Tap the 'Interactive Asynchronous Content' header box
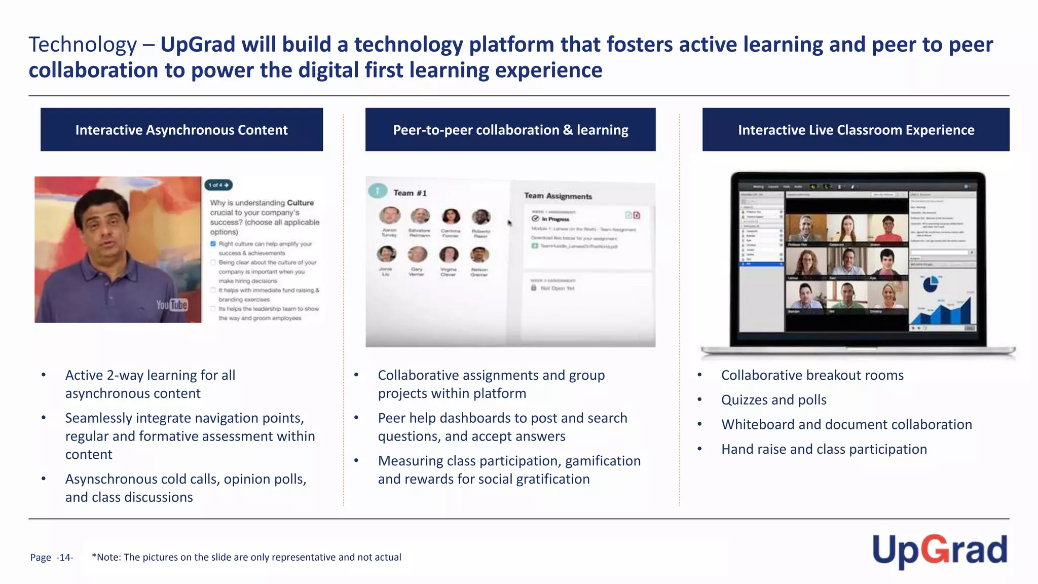coord(181,130)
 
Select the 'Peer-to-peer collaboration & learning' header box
coord(510,130)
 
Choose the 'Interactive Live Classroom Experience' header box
coord(856,130)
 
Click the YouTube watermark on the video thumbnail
coord(172,305)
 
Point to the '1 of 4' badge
coord(218,185)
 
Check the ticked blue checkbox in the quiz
coord(213,244)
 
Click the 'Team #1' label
coord(410,193)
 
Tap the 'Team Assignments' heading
coord(558,196)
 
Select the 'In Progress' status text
coord(555,219)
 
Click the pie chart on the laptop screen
coord(930,284)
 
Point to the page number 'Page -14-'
coord(52,558)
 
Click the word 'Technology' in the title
coord(83,45)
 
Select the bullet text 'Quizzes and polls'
coord(773,400)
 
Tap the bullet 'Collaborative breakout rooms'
coord(812,375)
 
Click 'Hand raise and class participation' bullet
coord(824,449)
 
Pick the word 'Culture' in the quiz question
coord(301,203)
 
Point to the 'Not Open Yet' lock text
coord(557,288)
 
